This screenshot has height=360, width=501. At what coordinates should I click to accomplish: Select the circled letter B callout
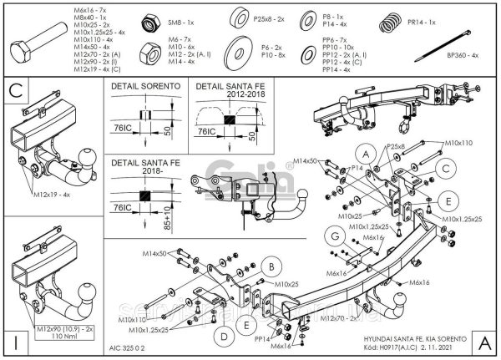pos(270,267)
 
